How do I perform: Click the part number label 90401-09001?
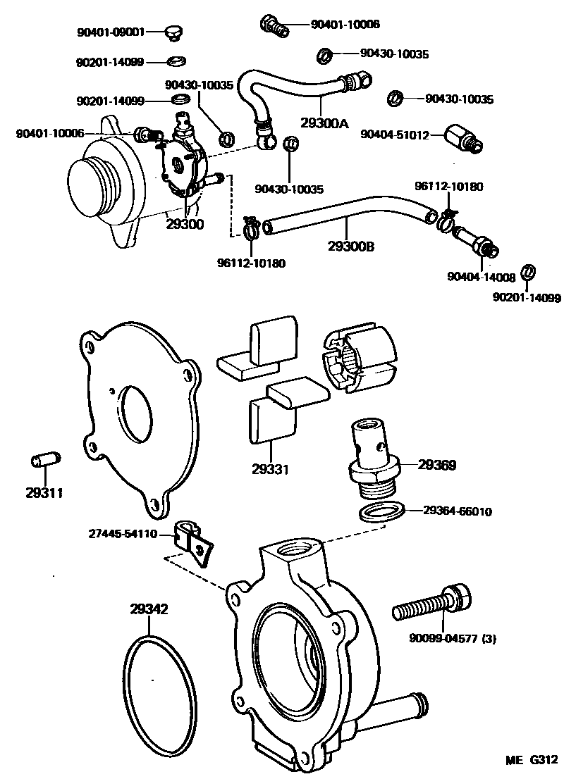pyautogui.click(x=110, y=32)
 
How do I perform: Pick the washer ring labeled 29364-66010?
pyautogui.click(x=381, y=511)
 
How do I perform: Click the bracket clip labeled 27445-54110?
pyautogui.click(x=195, y=539)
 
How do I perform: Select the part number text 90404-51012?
pyautogui.click(x=394, y=135)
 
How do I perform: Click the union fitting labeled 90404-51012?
pyautogui.click(x=463, y=139)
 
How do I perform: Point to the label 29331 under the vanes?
pyautogui.click(x=270, y=468)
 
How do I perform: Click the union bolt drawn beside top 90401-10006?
pyautogui.click(x=274, y=25)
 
